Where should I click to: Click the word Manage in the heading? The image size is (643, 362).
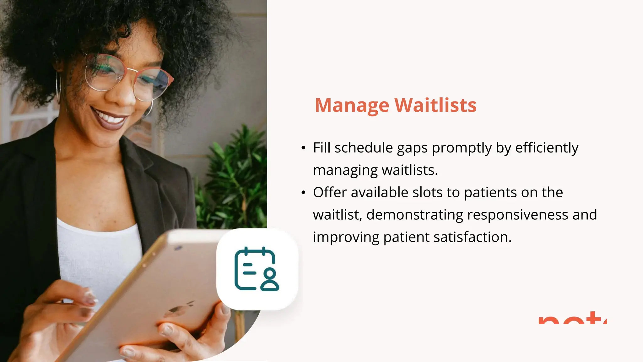click(352, 106)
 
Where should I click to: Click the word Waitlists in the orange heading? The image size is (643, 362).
click(435, 105)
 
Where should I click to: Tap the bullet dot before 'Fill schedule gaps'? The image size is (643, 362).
click(303, 148)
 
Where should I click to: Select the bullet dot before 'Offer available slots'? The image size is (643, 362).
click(303, 193)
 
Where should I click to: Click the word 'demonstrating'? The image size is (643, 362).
click(414, 215)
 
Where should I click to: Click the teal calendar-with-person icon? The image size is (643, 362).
click(257, 269)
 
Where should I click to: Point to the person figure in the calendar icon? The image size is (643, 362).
click(269, 279)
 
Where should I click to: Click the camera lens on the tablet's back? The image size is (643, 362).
click(178, 248)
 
